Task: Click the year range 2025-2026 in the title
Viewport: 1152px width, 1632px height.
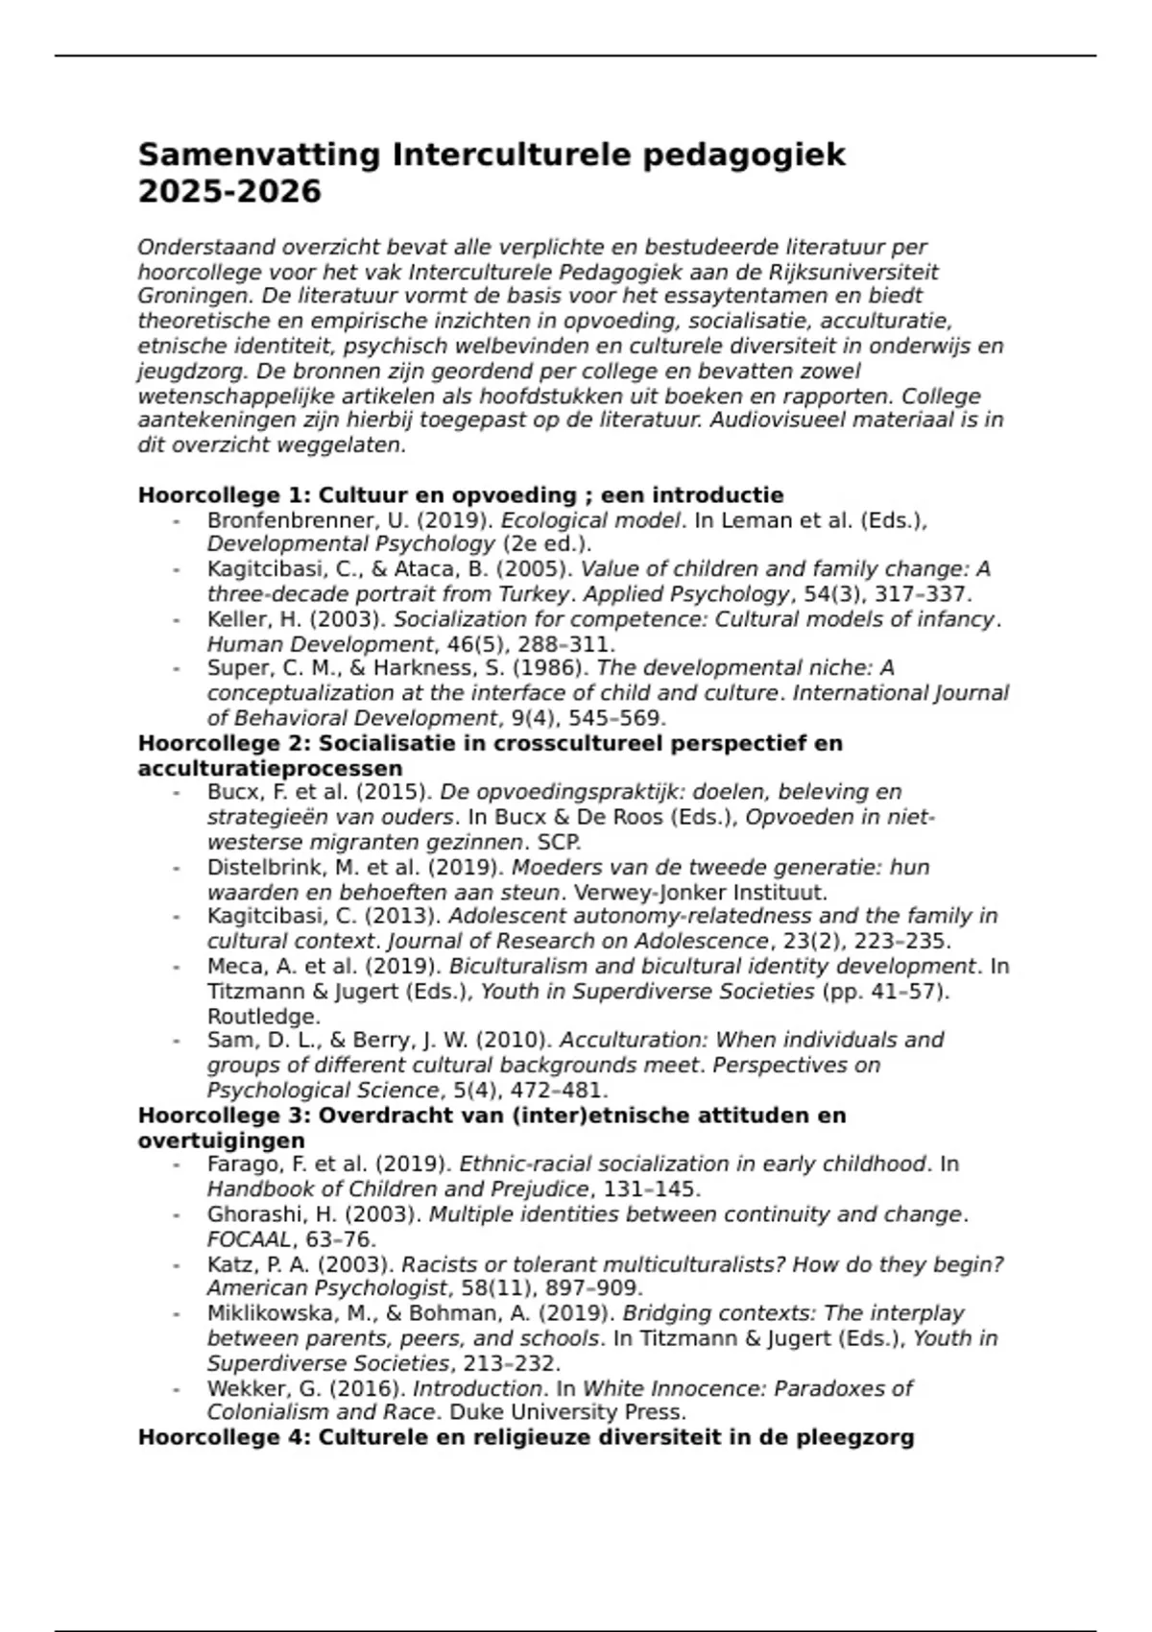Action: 229,192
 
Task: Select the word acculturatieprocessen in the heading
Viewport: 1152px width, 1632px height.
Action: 270,769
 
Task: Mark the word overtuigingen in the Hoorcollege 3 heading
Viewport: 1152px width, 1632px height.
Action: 222,1140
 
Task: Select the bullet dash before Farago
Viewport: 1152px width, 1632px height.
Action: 177,1165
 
